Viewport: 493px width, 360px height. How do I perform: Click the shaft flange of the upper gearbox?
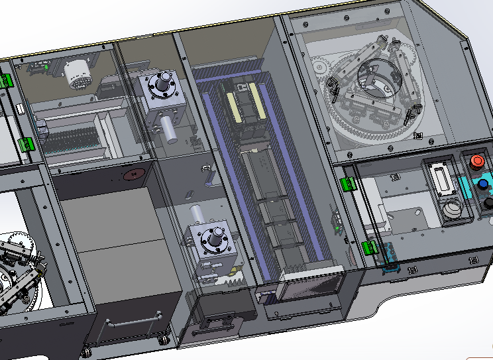pyautogui.click(x=161, y=86)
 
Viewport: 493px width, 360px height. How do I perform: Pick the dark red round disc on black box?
pyautogui.click(x=135, y=175)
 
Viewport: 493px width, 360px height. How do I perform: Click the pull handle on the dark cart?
pyautogui.click(x=135, y=320)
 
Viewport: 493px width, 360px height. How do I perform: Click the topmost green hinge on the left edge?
pyautogui.click(x=7, y=81)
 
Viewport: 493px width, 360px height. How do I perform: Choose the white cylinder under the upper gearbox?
pyautogui.click(x=170, y=131)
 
